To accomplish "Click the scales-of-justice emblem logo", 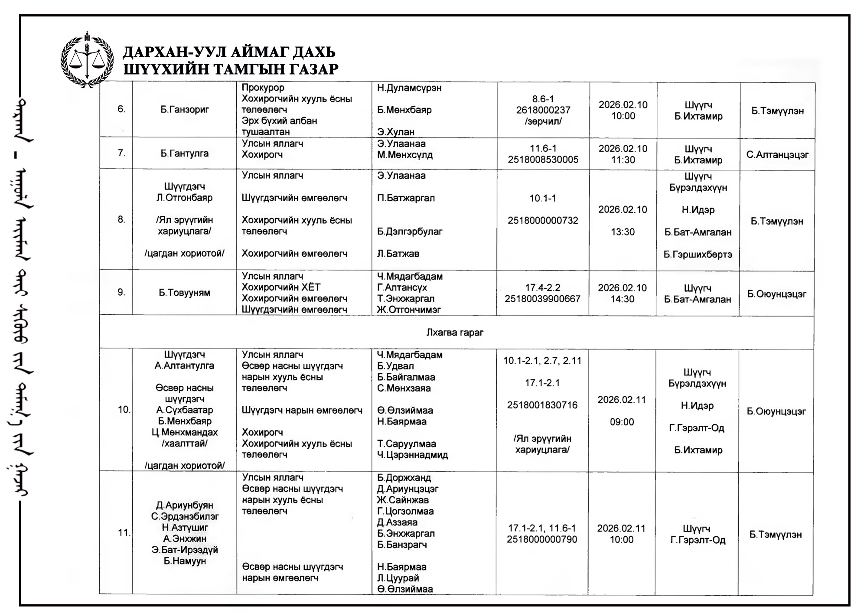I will (x=87, y=60).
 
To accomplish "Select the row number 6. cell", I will (x=121, y=109).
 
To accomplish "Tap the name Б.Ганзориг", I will (x=185, y=110).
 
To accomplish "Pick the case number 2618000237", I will (x=543, y=110).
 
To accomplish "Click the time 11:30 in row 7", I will (x=623, y=160).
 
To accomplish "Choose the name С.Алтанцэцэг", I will (x=777, y=155).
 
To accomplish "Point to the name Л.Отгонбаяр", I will (x=185, y=198).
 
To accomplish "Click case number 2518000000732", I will (x=543, y=220).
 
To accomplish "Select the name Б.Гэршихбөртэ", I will (x=698, y=254).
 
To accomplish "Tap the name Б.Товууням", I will (x=184, y=293).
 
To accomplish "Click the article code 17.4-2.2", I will (x=543, y=287).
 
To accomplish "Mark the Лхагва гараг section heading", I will (x=455, y=333).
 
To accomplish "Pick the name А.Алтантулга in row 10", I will (x=184, y=365).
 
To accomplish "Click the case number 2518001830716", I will (x=542, y=405).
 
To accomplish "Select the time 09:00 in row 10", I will (x=622, y=422).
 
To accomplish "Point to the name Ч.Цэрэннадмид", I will (x=412, y=455).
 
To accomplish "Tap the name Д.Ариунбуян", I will (x=185, y=505).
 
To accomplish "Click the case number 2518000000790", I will (x=542, y=539).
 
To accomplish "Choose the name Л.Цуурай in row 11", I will (x=398, y=578).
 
